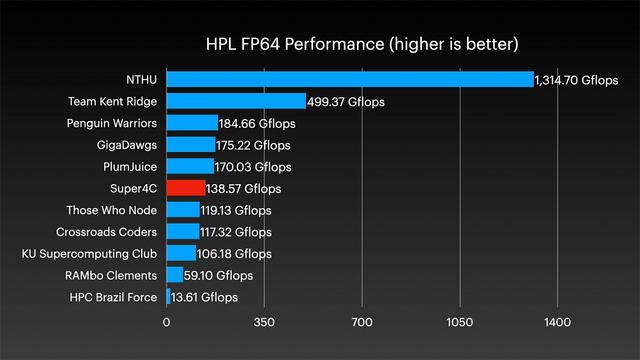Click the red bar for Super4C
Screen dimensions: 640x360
coord(186,188)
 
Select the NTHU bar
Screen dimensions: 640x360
coord(350,79)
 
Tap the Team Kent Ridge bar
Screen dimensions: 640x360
coord(236,101)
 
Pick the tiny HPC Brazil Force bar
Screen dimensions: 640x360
coord(169,296)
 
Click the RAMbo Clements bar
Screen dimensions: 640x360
coord(175,275)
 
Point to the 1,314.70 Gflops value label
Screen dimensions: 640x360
coord(576,80)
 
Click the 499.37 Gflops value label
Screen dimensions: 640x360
coord(346,102)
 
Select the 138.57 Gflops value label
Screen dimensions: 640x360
coord(244,189)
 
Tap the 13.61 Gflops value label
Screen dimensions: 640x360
coord(204,297)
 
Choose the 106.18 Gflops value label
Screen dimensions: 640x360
coord(234,254)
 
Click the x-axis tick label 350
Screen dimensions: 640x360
coord(264,322)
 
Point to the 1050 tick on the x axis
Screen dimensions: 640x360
coord(460,322)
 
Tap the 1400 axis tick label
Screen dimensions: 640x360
coord(558,322)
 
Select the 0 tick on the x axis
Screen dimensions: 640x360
coord(167,322)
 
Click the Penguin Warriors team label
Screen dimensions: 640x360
coord(112,123)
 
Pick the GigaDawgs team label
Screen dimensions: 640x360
coord(127,145)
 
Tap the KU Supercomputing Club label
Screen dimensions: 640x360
coord(89,254)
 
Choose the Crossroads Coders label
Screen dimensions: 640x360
coord(107,232)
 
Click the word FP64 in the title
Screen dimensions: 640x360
coord(260,44)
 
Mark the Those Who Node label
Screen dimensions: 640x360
coord(112,210)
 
